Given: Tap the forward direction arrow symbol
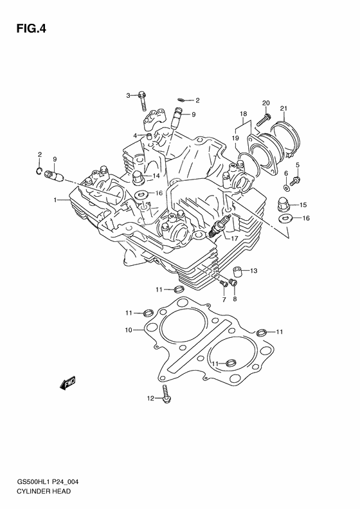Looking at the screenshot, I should (x=66, y=385).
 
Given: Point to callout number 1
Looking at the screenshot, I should (x=56, y=200).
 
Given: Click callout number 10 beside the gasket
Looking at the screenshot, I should (x=129, y=330).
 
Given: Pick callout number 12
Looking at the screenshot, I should (x=150, y=399).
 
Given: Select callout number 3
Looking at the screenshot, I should (x=129, y=95).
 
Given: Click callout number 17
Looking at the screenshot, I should (x=235, y=239).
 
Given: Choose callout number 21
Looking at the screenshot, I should (x=283, y=108).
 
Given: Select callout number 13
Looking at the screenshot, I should (x=253, y=270).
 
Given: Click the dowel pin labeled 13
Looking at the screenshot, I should (x=236, y=271).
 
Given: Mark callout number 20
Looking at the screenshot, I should (x=265, y=103).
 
